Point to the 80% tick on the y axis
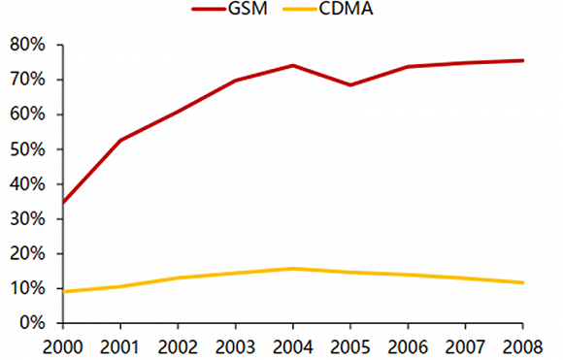click(x=27, y=45)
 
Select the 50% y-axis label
click(x=27, y=149)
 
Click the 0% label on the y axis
click(x=31, y=323)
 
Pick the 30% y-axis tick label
click(x=27, y=219)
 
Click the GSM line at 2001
click(x=119, y=141)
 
